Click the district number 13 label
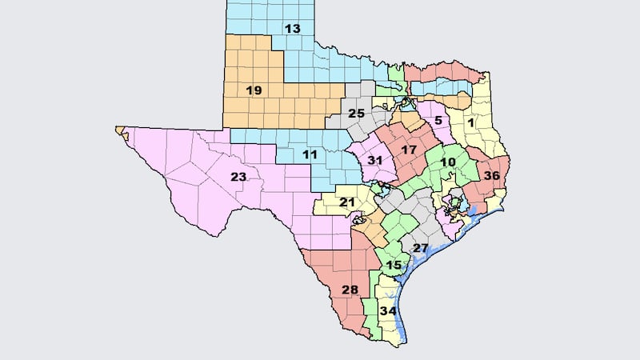[292, 29]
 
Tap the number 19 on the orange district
[254, 90]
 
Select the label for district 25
[356, 113]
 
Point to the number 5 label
[438, 121]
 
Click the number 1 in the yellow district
[471, 122]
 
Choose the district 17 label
[409, 150]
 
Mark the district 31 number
[374, 160]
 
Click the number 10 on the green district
[447, 162]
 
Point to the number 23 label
[238, 177]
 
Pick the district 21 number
[346, 202]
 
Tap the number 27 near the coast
[421, 248]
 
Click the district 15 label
[393, 265]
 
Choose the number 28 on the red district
[350, 289]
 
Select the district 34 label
[390, 310]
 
